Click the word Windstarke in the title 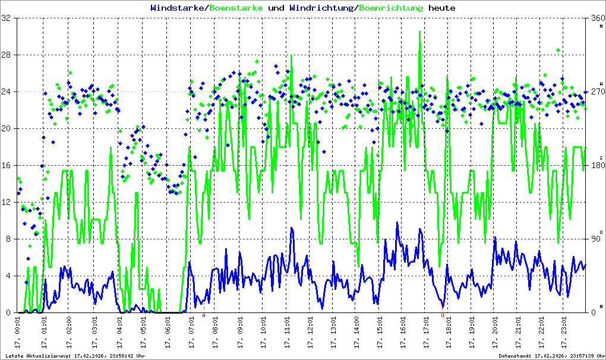pos(178,8)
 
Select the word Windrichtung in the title pos(323,8)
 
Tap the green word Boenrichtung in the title pos(392,8)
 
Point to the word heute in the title pos(442,8)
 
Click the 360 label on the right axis pos(596,18)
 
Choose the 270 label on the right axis pos(596,92)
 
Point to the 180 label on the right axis pos(596,166)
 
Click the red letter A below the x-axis pos(204,316)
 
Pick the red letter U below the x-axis pos(443,316)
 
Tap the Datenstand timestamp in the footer pos(552,356)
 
